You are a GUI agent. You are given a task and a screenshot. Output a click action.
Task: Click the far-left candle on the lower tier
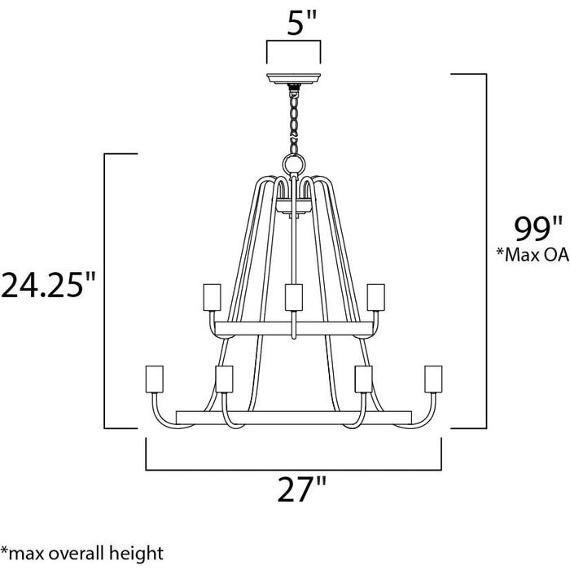pyautogui.click(x=151, y=378)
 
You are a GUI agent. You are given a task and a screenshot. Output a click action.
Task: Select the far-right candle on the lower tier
pyautogui.click(x=434, y=378)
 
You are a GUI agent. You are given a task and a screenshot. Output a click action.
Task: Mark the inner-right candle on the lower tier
pyautogui.click(x=363, y=379)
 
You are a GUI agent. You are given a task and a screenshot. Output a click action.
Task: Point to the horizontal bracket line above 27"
pyautogui.click(x=293, y=470)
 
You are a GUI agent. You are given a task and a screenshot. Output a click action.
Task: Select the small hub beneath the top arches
pyautogui.click(x=293, y=205)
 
